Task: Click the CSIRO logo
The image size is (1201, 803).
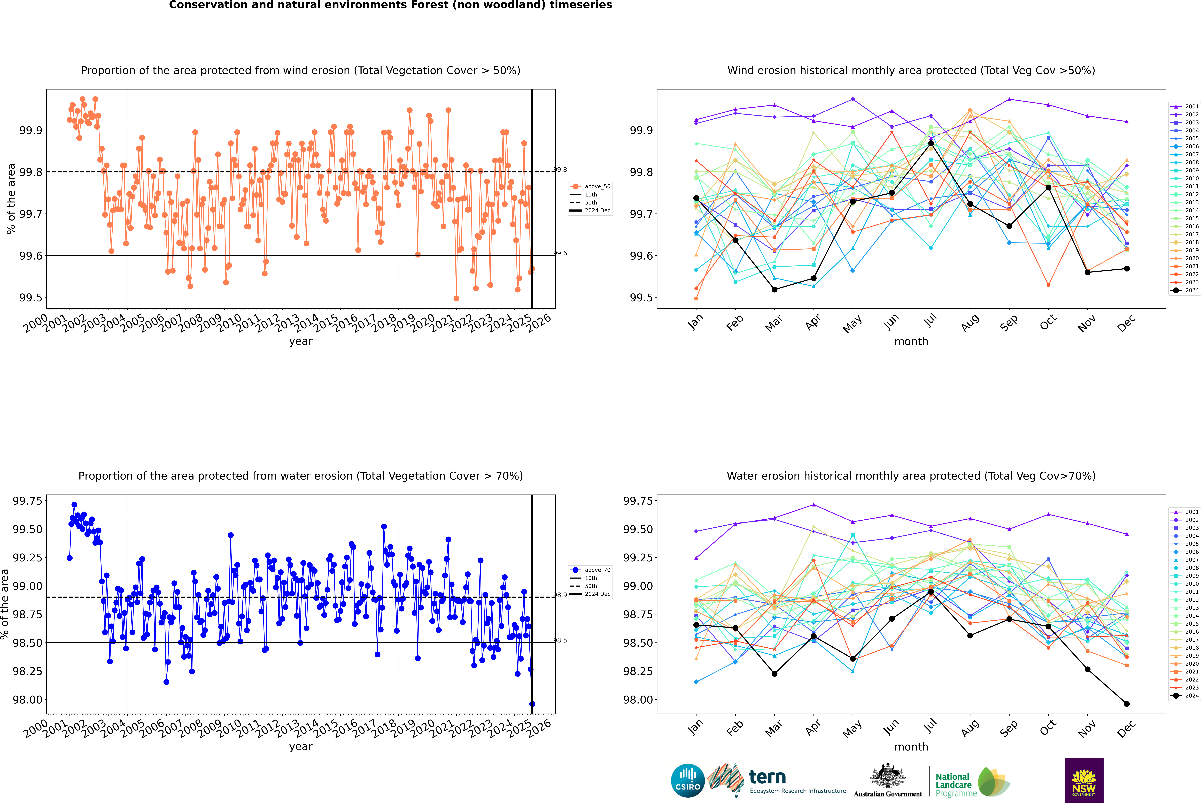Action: [x=688, y=781]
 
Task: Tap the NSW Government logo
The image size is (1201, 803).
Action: [x=1084, y=781]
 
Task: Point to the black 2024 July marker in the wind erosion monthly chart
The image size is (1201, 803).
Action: [x=931, y=143]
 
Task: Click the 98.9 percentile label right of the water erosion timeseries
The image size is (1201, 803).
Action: [x=560, y=595]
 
